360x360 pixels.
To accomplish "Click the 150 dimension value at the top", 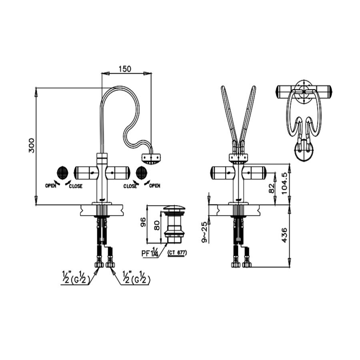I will click(125, 69).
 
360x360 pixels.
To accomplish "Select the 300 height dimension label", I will click(32, 146).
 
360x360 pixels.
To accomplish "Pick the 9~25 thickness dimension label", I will click(204, 232).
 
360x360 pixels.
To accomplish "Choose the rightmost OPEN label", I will click(154, 186).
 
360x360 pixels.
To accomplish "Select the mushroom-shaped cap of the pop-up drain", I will click(175, 209).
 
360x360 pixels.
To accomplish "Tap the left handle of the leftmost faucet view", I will click(85, 173).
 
